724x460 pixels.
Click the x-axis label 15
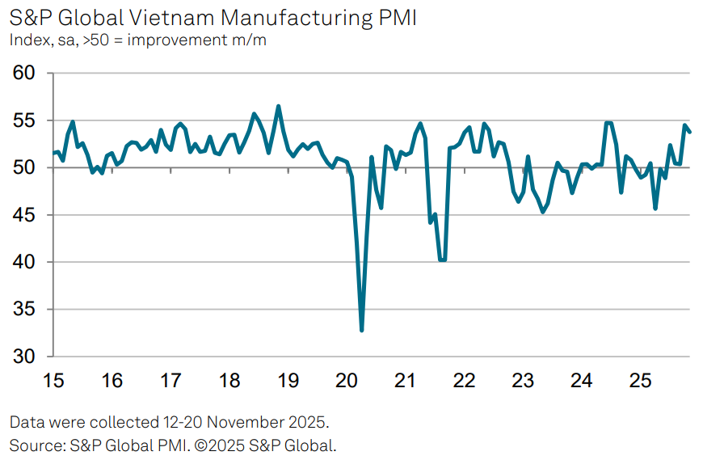[x=53, y=380]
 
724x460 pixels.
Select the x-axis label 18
[x=229, y=380]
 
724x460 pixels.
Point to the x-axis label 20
[x=346, y=380]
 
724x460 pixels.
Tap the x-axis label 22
[x=463, y=380]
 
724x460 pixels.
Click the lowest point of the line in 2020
[x=361, y=330]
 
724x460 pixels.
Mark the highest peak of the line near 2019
[x=278, y=106]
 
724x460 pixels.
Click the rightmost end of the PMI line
[x=690, y=132]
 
